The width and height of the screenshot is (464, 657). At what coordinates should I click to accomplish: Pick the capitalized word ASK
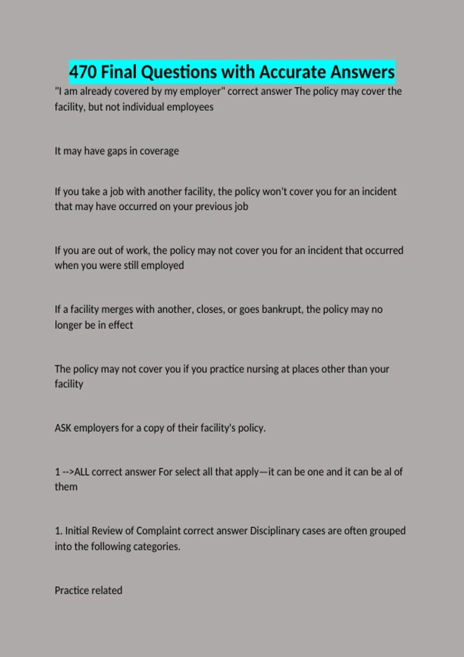tap(63, 428)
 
